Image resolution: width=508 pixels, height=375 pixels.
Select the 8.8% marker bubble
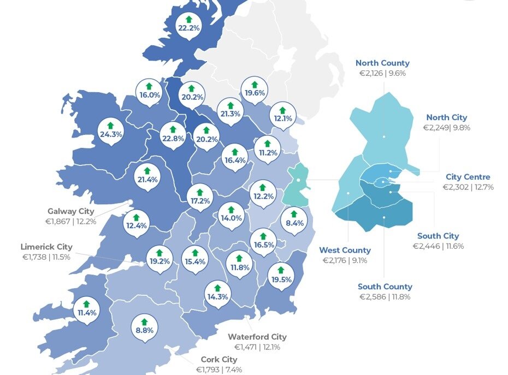coord(144,326)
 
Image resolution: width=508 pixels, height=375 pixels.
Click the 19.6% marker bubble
coord(255,90)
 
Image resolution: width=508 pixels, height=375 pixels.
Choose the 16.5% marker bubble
coord(264,241)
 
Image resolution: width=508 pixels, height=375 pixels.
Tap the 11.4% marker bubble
coord(86,309)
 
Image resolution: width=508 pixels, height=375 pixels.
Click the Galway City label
coord(71,211)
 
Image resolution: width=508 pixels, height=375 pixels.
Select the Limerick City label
coord(46,247)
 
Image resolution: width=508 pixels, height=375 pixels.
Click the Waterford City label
coord(257,337)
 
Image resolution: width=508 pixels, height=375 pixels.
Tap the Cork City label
coord(218,360)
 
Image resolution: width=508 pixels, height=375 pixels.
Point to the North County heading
coord(382,63)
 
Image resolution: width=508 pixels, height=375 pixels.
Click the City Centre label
coord(468,177)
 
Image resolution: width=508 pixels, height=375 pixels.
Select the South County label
coord(385,287)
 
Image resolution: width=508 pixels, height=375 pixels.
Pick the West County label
coord(345,251)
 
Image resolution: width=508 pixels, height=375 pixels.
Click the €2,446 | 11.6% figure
coord(438,246)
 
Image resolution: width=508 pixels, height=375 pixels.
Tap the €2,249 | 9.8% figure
coord(446,128)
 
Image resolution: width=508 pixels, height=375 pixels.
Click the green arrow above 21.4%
coord(147,171)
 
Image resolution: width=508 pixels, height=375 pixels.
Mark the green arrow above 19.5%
coord(281,270)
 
